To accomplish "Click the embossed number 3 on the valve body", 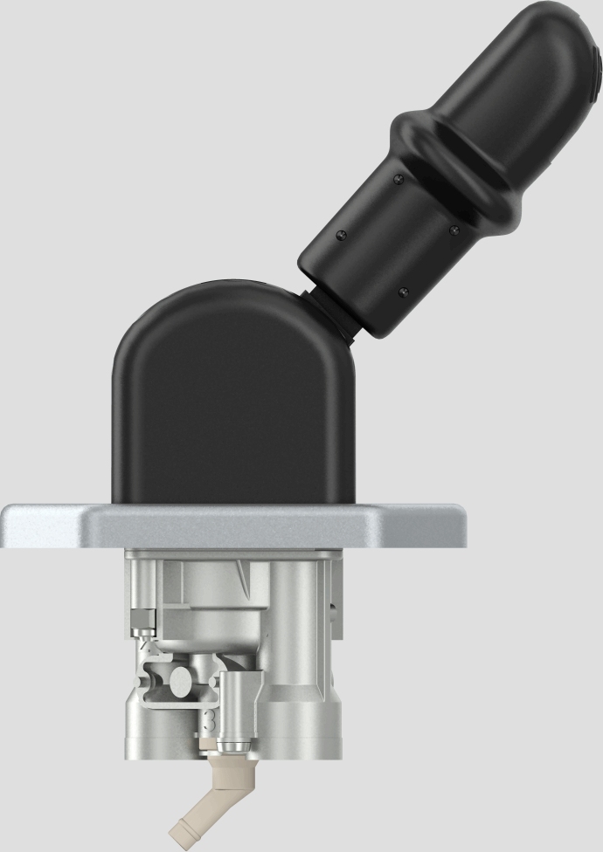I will (207, 720).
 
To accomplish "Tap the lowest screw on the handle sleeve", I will (402, 291).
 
